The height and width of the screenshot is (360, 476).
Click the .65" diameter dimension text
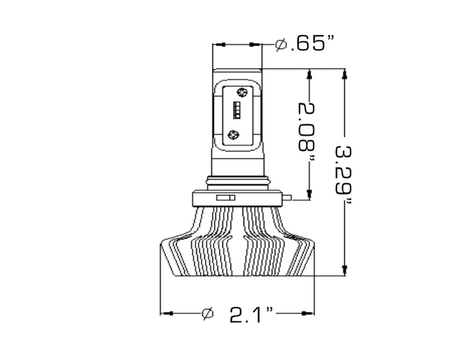tap(308, 44)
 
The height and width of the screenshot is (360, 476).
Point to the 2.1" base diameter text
tap(252, 314)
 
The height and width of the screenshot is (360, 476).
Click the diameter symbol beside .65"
tap(280, 45)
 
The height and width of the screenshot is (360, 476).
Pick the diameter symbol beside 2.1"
tap(207, 314)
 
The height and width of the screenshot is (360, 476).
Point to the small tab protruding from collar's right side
tap(289, 196)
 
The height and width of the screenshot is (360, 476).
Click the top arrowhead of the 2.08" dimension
tap(308, 74)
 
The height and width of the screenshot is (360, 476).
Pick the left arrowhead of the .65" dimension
tap(218, 45)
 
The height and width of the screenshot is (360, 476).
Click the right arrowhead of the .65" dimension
tap(257, 45)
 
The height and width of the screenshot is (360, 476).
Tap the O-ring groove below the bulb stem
tap(237, 181)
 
